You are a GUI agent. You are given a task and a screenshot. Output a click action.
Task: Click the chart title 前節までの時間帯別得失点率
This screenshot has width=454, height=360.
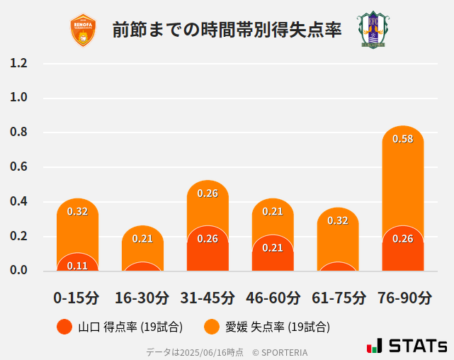tap(227, 30)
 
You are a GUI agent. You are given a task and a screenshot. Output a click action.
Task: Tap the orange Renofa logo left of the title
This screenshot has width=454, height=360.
tap(84, 30)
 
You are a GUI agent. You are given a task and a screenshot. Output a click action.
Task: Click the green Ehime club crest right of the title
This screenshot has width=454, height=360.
tap(373, 30)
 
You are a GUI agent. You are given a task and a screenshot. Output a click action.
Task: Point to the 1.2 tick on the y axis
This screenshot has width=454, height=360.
tap(19, 63)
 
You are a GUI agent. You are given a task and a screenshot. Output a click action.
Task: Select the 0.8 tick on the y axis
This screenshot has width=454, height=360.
tap(19, 133)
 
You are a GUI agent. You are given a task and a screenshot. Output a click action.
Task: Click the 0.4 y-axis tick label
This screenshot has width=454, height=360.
tap(19, 202)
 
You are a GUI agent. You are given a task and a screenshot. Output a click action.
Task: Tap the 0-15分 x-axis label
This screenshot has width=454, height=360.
tap(76, 298)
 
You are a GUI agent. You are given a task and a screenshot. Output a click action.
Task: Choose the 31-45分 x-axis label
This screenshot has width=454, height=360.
tap(207, 298)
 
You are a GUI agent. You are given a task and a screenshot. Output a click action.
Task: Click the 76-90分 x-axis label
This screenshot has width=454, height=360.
tap(404, 298)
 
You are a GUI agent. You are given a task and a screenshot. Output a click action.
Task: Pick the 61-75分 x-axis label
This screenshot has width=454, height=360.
tap(339, 298)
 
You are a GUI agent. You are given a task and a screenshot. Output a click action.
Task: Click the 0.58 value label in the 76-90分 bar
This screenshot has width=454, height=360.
tap(402, 139)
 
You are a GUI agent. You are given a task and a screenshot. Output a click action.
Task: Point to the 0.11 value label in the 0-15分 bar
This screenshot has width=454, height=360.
tap(77, 266)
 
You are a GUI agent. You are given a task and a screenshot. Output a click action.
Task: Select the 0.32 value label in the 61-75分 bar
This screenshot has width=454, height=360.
tap(338, 220)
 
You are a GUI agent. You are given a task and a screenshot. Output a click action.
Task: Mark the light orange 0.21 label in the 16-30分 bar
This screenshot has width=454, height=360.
tap(142, 238)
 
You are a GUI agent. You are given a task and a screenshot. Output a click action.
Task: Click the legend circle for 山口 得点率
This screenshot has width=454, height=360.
tap(65, 327)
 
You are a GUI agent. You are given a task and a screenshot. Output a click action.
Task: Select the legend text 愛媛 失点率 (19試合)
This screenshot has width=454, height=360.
tap(278, 327)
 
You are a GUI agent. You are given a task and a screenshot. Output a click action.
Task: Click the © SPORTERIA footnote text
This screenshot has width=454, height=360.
tap(280, 351)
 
